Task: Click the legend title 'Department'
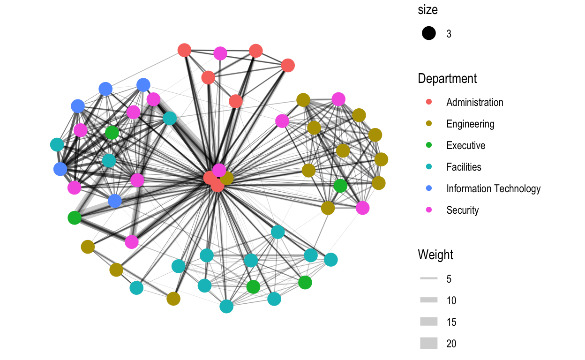447,79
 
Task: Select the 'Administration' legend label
474,102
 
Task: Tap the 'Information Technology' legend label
493,188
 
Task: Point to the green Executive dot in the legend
429,145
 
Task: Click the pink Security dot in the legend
429,210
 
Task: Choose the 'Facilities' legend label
464,167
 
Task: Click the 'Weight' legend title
435,255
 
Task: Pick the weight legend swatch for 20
429,343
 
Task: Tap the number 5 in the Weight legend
449,279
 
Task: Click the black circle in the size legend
429,33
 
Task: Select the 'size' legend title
427,10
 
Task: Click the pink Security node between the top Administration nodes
220,53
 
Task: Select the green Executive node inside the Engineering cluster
340,186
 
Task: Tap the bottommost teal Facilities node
226,306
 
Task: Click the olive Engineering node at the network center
227,178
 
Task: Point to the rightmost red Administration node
288,65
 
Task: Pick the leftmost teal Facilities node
57,144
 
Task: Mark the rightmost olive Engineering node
381,159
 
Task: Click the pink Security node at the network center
219,170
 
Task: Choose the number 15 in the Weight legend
451,322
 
